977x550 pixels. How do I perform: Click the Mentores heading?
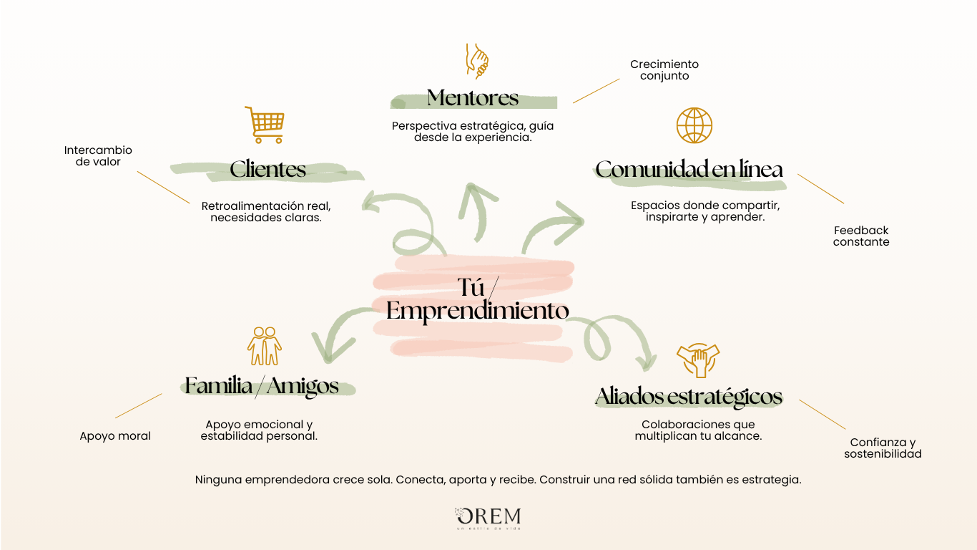click(473, 97)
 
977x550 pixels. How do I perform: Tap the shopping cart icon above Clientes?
click(265, 125)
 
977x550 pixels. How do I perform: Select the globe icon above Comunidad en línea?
click(694, 125)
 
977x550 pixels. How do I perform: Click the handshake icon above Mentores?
click(477, 60)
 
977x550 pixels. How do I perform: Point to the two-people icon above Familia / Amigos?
click(265, 347)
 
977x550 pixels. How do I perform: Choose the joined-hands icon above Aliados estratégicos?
click(697, 360)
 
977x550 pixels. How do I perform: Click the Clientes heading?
click(267, 170)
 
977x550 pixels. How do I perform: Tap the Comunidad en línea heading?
click(689, 170)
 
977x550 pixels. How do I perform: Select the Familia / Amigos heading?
click(262, 386)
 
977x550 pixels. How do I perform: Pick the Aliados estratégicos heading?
click(689, 396)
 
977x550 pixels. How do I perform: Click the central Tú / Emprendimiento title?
click(478, 300)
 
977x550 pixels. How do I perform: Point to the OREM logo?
click(488, 518)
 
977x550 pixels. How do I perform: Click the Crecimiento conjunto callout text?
click(664, 70)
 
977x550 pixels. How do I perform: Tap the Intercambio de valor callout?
click(98, 156)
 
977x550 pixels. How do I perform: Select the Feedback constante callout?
click(861, 236)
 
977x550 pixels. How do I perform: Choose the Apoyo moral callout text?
click(115, 436)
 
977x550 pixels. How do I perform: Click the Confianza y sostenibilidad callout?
click(883, 448)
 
